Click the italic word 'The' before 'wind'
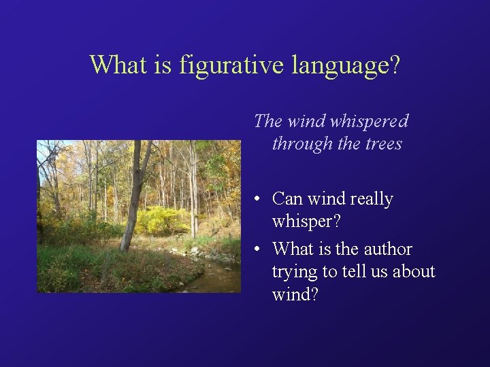267,122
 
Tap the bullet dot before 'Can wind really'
252,200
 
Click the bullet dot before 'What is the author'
252,249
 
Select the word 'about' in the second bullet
413,272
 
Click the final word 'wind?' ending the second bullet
294,296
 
